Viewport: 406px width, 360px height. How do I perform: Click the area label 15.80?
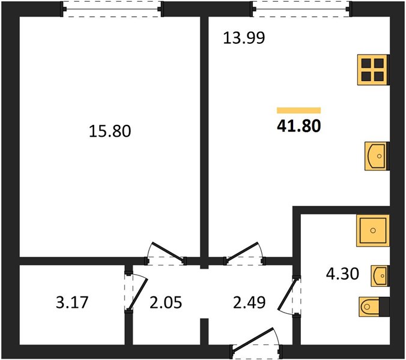coord(110,131)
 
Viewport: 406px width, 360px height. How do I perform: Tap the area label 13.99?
coord(244,38)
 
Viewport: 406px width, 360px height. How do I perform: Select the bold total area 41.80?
coord(299,126)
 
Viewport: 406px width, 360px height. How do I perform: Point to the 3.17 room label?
coord(72,302)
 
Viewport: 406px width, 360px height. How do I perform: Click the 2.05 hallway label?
coord(166,302)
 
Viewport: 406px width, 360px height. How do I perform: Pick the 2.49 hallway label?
coord(249,302)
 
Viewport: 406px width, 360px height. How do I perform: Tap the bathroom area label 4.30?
coord(342,274)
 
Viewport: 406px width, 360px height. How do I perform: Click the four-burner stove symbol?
coord(374,70)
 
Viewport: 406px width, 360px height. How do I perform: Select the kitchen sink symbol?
coord(377,156)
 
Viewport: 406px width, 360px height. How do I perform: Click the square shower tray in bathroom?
coord(373,230)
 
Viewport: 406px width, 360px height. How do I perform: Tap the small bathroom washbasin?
coord(380,275)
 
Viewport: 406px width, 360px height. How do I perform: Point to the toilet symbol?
coord(374,307)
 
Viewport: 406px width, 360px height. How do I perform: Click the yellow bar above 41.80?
coord(299,110)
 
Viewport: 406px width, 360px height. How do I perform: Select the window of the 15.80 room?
coord(112,9)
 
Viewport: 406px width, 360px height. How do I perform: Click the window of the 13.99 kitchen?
coord(301,9)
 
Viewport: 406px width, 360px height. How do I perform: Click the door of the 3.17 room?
coord(137,293)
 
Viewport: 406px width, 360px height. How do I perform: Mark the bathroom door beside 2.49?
coord(288,295)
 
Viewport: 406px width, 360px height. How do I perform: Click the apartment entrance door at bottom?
coord(255,340)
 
